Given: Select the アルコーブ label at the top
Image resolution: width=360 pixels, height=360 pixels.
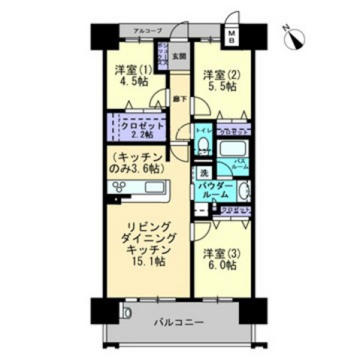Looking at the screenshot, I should [147, 30].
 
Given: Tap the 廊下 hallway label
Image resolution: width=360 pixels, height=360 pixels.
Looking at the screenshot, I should [180, 100].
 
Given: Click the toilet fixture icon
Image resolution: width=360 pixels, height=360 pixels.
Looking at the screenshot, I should [204, 143].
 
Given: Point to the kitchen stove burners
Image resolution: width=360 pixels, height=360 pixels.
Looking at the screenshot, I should [121, 188].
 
